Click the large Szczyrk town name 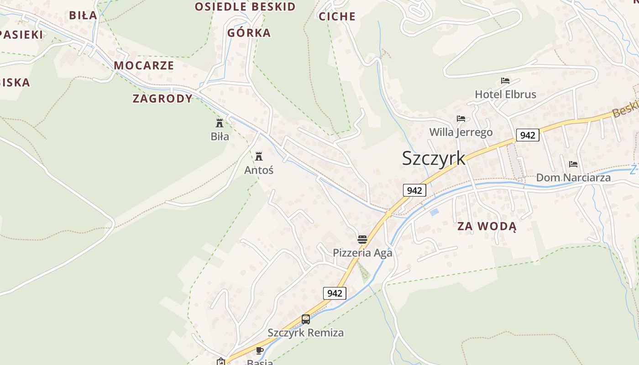point(434,158)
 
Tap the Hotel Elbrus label point(505,94)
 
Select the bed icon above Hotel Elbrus point(505,81)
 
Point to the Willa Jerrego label point(461,132)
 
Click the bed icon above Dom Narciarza point(573,164)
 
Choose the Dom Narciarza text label point(573,177)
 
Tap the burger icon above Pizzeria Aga point(362,240)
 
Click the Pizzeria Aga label point(362,253)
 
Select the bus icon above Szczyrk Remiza point(306,319)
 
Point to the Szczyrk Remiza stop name point(306,333)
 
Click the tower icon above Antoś point(259,156)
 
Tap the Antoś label point(259,170)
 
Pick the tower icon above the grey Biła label point(220,123)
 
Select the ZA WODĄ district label point(487,226)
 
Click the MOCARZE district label point(144,65)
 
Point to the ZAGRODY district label point(162,99)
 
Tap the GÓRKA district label point(249,33)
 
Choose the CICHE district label point(337,16)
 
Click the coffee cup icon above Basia point(259,350)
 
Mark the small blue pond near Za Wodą point(434,212)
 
